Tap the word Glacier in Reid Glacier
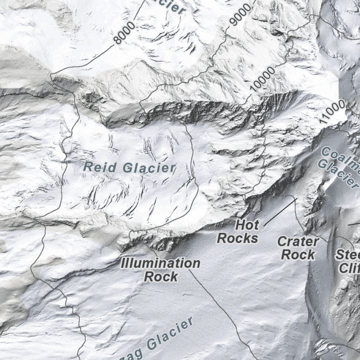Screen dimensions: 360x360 pyautogui.click(x=149, y=168)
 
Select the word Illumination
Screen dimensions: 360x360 pyautogui.click(x=161, y=263)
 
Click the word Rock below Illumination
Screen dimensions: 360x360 pyautogui.click(x=161, y=277)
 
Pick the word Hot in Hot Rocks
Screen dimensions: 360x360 pyautogui.click(x=247, y=224)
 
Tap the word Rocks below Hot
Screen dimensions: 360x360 pyautogui.click(x=238, y=238)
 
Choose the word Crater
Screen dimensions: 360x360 pyautogui.click(x=298, y=242)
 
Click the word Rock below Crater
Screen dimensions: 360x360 pyautogui.click(x=298, y=255)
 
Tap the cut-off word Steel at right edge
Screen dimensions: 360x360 pyautogui.click(x=347, y=255)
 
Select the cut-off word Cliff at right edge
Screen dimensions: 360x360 pyautogui.click(x=349, y=269)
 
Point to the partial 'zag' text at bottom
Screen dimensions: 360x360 pyautogui.click(x=133, y=353)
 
